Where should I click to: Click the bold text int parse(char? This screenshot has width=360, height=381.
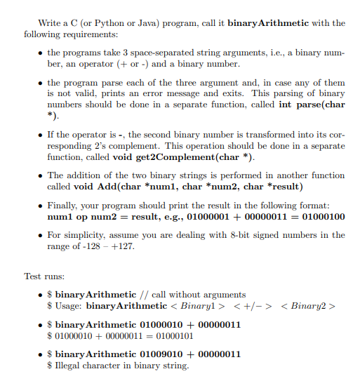[x=311, y=104]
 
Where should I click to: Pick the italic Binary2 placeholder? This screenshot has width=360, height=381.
[x=309, y=306]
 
